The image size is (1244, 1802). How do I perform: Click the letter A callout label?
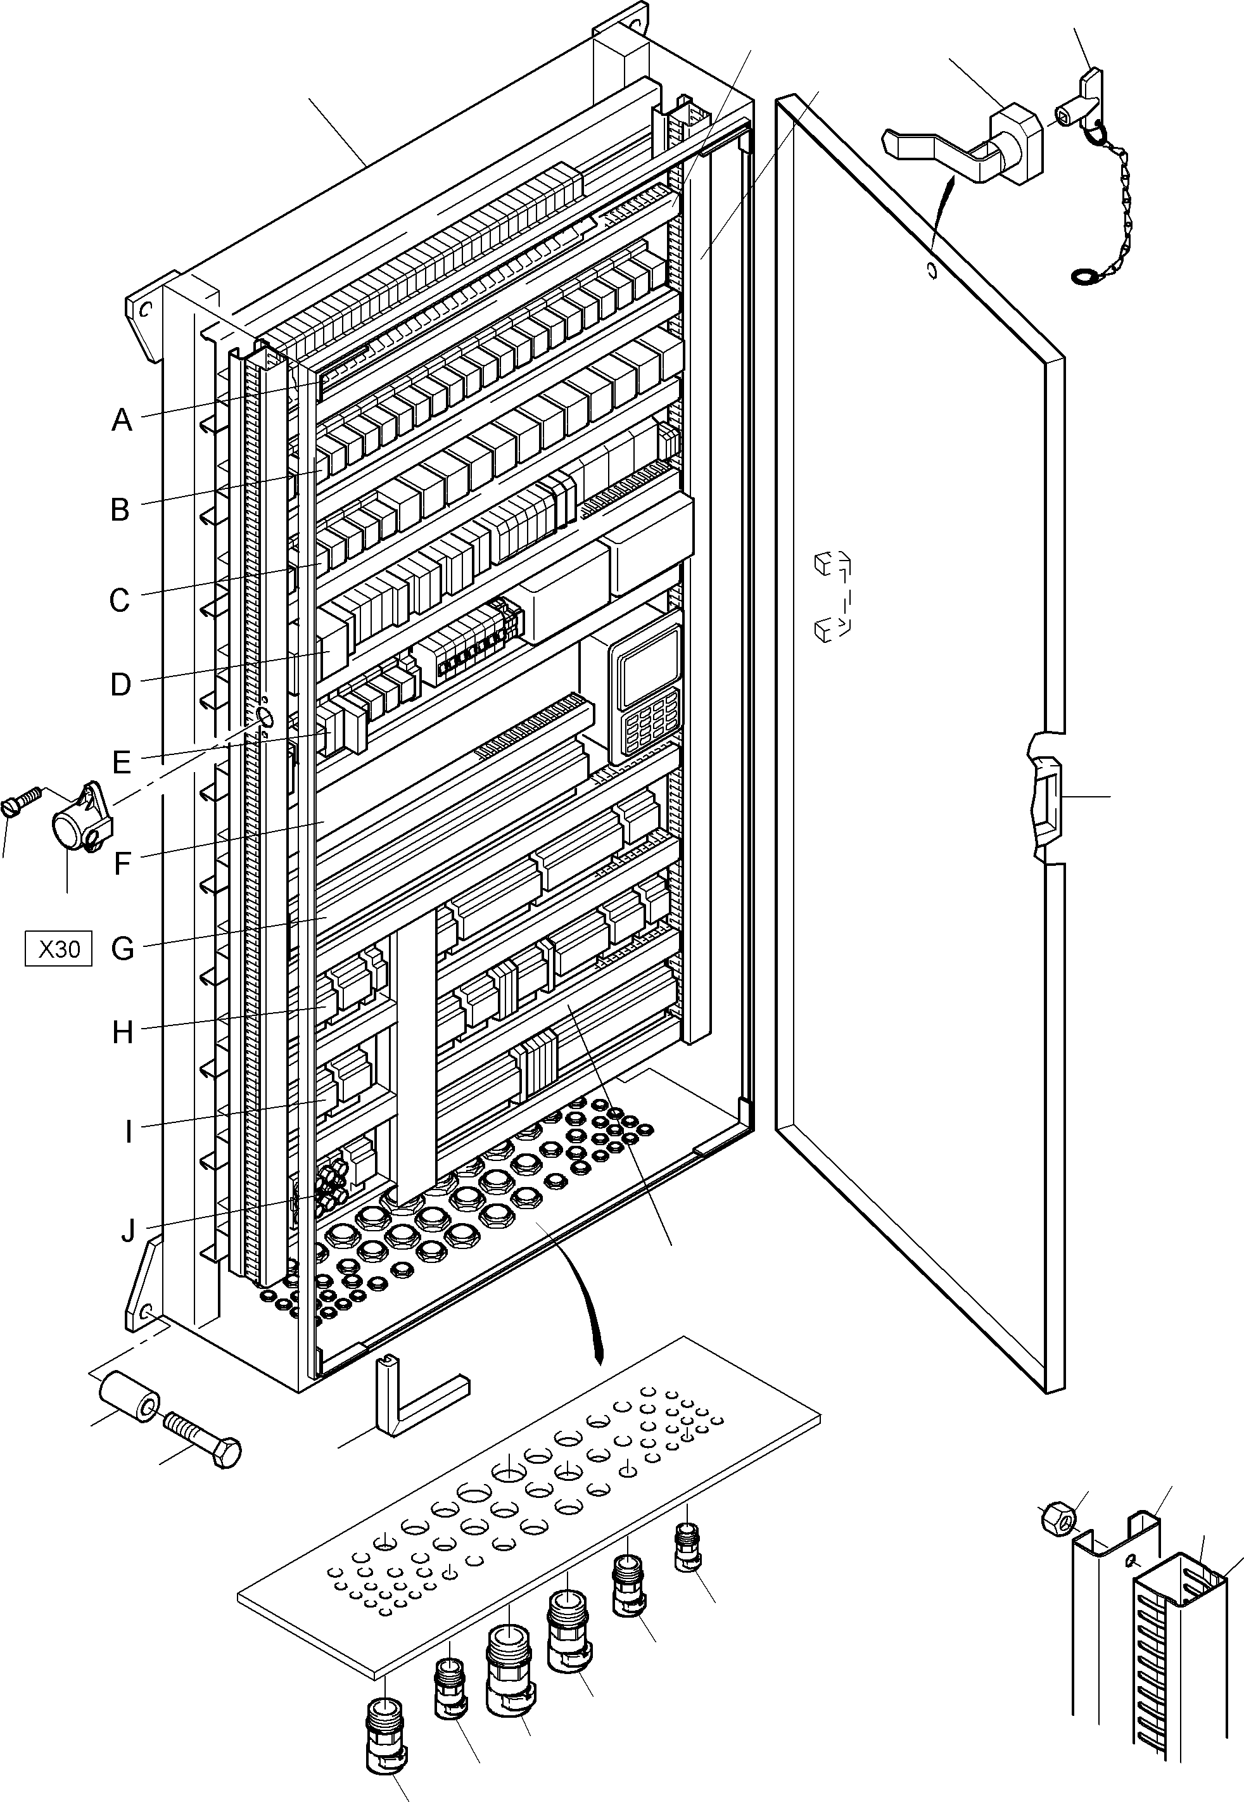coord(122,421)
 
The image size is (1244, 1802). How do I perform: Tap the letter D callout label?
coord(120,684)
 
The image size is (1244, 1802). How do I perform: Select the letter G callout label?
coord(122,949)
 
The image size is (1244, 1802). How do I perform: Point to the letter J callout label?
coord(128,1231)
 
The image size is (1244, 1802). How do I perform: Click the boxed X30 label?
coord(58,949)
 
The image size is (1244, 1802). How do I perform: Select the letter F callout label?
coord(122,863)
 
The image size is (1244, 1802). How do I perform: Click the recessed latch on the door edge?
coord(1045,797)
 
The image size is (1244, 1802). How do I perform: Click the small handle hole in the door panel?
coord(930,271)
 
